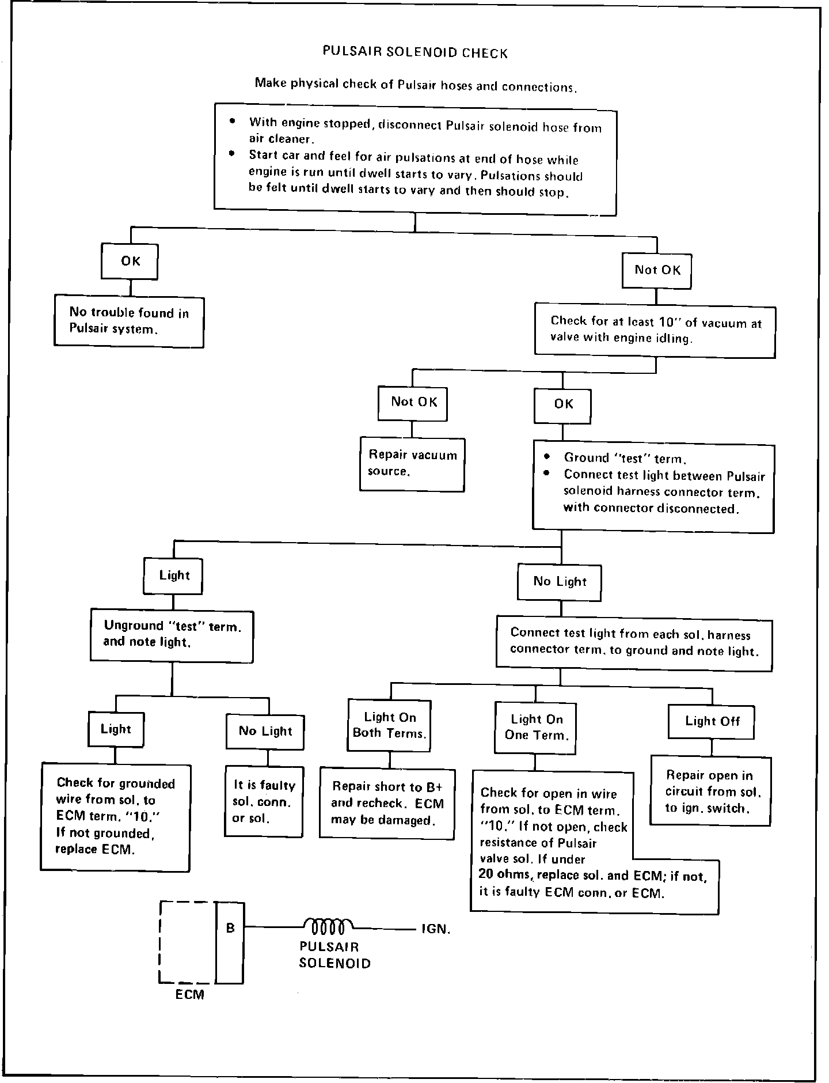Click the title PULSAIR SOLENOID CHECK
click(414, 53)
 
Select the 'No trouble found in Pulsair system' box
click(129, 321)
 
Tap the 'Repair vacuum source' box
click(412, 464)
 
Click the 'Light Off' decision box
click(712, 721)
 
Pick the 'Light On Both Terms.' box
click(390, 725)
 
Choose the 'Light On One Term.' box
click(536, 727)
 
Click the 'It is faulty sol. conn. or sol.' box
click(264, 801)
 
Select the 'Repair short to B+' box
click(387, 804)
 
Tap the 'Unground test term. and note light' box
click(172, 634)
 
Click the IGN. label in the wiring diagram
click(435, 929)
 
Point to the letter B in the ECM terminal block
click(230, 928)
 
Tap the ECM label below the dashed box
click(190, 995)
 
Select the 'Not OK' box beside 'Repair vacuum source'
click(413, 402)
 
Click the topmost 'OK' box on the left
click(130, 261)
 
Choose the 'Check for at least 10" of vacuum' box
click(655, 330)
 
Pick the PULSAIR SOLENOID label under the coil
click(334, 955)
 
